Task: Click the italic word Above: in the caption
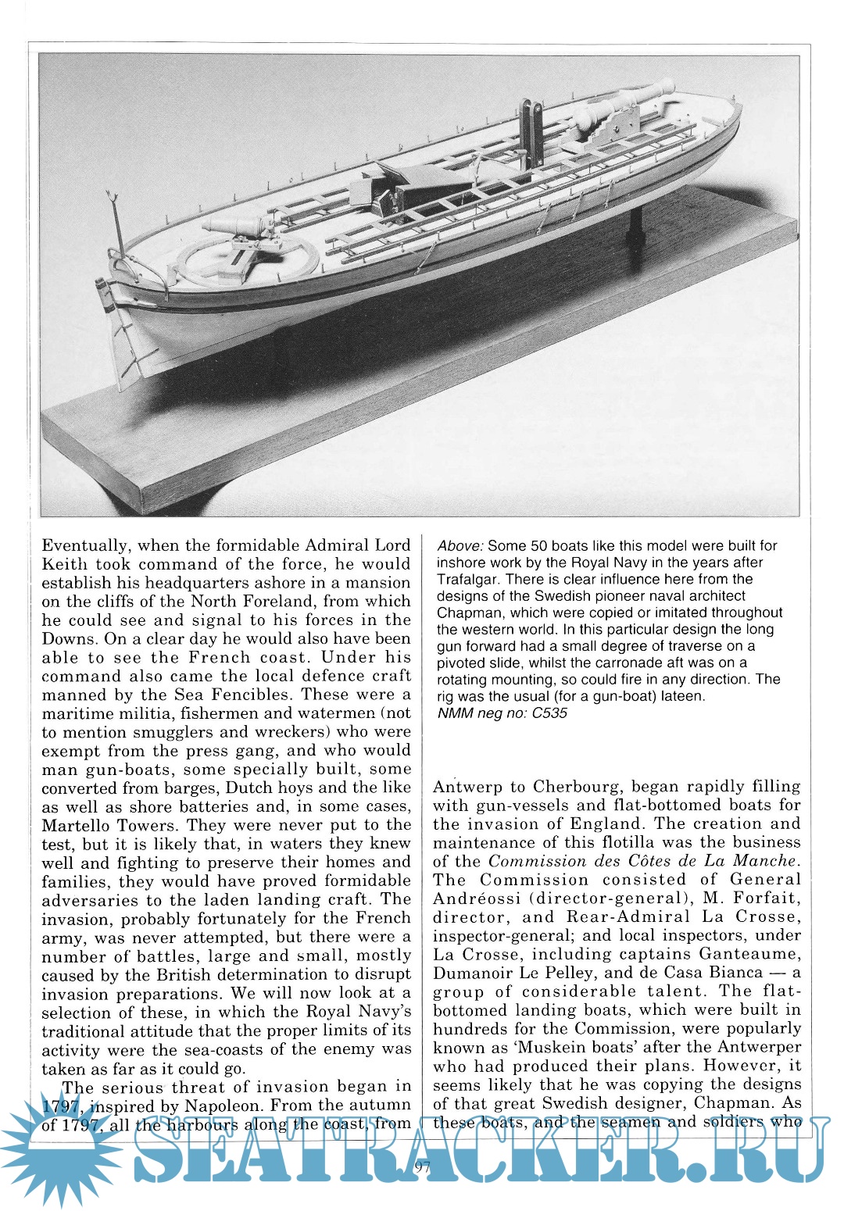click(460, 546)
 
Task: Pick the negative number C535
click(549, 713)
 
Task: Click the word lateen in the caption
click(681, 696)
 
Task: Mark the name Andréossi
click(477, 899)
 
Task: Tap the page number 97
click(424, 1168)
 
